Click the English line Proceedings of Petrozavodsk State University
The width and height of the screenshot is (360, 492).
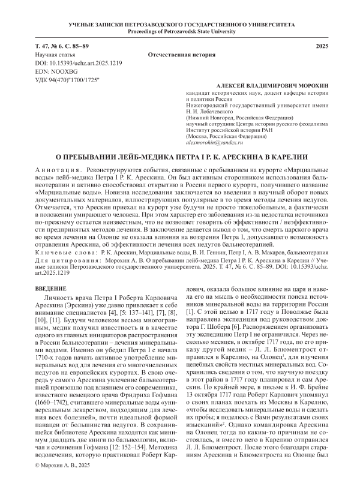[x=180, y=29]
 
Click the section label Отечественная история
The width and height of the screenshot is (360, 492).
[x=182, y=55]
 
